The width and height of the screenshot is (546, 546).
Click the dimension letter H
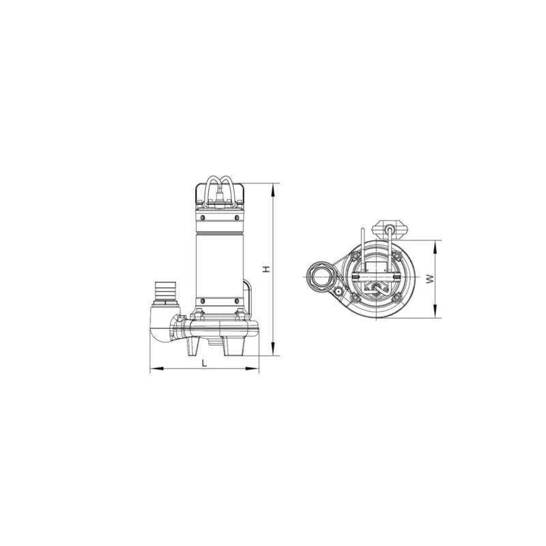[x=266, y=269]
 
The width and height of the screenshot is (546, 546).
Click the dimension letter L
[x=205, y=363]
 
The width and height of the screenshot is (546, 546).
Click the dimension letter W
[x=431, y=278]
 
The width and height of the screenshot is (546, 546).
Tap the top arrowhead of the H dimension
[x=273, y=190]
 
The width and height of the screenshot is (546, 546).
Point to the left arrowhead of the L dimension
[x=157, y=368]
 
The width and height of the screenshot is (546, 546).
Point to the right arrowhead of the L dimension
[x=252, y=368]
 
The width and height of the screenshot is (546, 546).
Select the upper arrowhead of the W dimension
[x=435, y=247]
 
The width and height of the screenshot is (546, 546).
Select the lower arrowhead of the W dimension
[x=435, y=311]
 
